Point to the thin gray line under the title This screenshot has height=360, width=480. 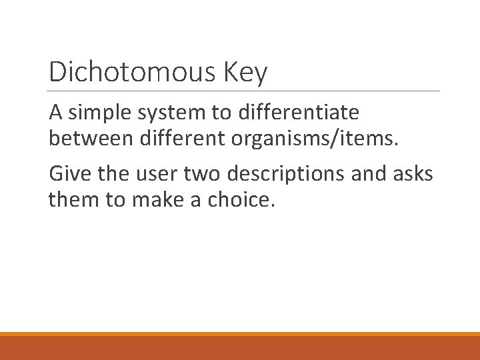click(244, 91)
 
